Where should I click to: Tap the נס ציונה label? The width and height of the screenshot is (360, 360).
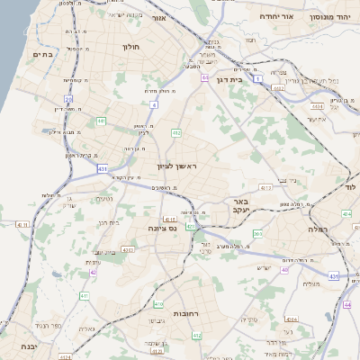coord(165,229)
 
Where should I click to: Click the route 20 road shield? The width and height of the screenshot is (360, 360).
coord(68,98)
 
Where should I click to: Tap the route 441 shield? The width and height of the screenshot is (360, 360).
coord(102,120)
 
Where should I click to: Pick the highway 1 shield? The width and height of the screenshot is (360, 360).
coord(256,79)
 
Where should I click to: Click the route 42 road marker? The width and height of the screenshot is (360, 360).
coord(93,272)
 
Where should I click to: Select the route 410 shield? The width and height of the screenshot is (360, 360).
coord(158,304)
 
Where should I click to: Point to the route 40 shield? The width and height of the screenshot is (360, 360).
coord(284,269)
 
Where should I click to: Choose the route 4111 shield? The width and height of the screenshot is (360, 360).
coord(22,225)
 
